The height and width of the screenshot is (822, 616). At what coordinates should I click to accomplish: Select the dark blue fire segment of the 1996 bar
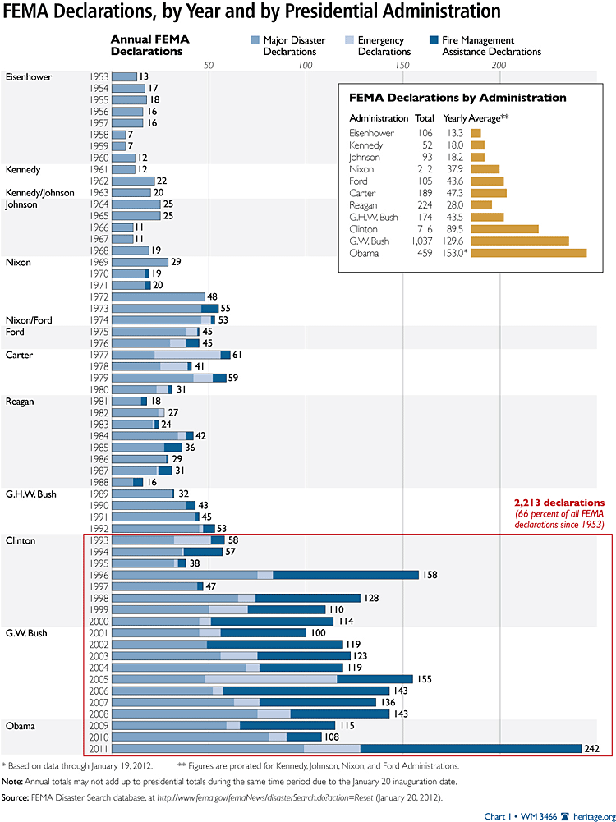[x=345, y=575]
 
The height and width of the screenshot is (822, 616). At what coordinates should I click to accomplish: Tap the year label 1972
[x=99, y=296]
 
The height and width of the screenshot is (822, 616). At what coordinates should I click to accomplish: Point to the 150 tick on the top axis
[x=402, y=66]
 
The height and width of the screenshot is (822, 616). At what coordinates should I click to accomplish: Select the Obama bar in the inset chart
[x=528, y=253]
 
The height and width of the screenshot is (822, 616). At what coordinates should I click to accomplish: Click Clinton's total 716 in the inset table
[x=425, y=228]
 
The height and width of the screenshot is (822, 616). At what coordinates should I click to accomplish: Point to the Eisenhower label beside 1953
[x=29, y=77]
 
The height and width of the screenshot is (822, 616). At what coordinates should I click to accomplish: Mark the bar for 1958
[x=117, y=134]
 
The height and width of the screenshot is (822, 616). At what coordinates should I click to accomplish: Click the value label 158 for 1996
[x=430, y=575]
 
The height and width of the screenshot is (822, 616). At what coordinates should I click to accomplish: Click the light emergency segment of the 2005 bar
[x=271, y=679]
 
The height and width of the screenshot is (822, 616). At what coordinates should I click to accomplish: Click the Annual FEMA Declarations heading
[x=147, y=45]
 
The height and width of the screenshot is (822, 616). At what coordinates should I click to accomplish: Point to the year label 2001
[x=99, y=632]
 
